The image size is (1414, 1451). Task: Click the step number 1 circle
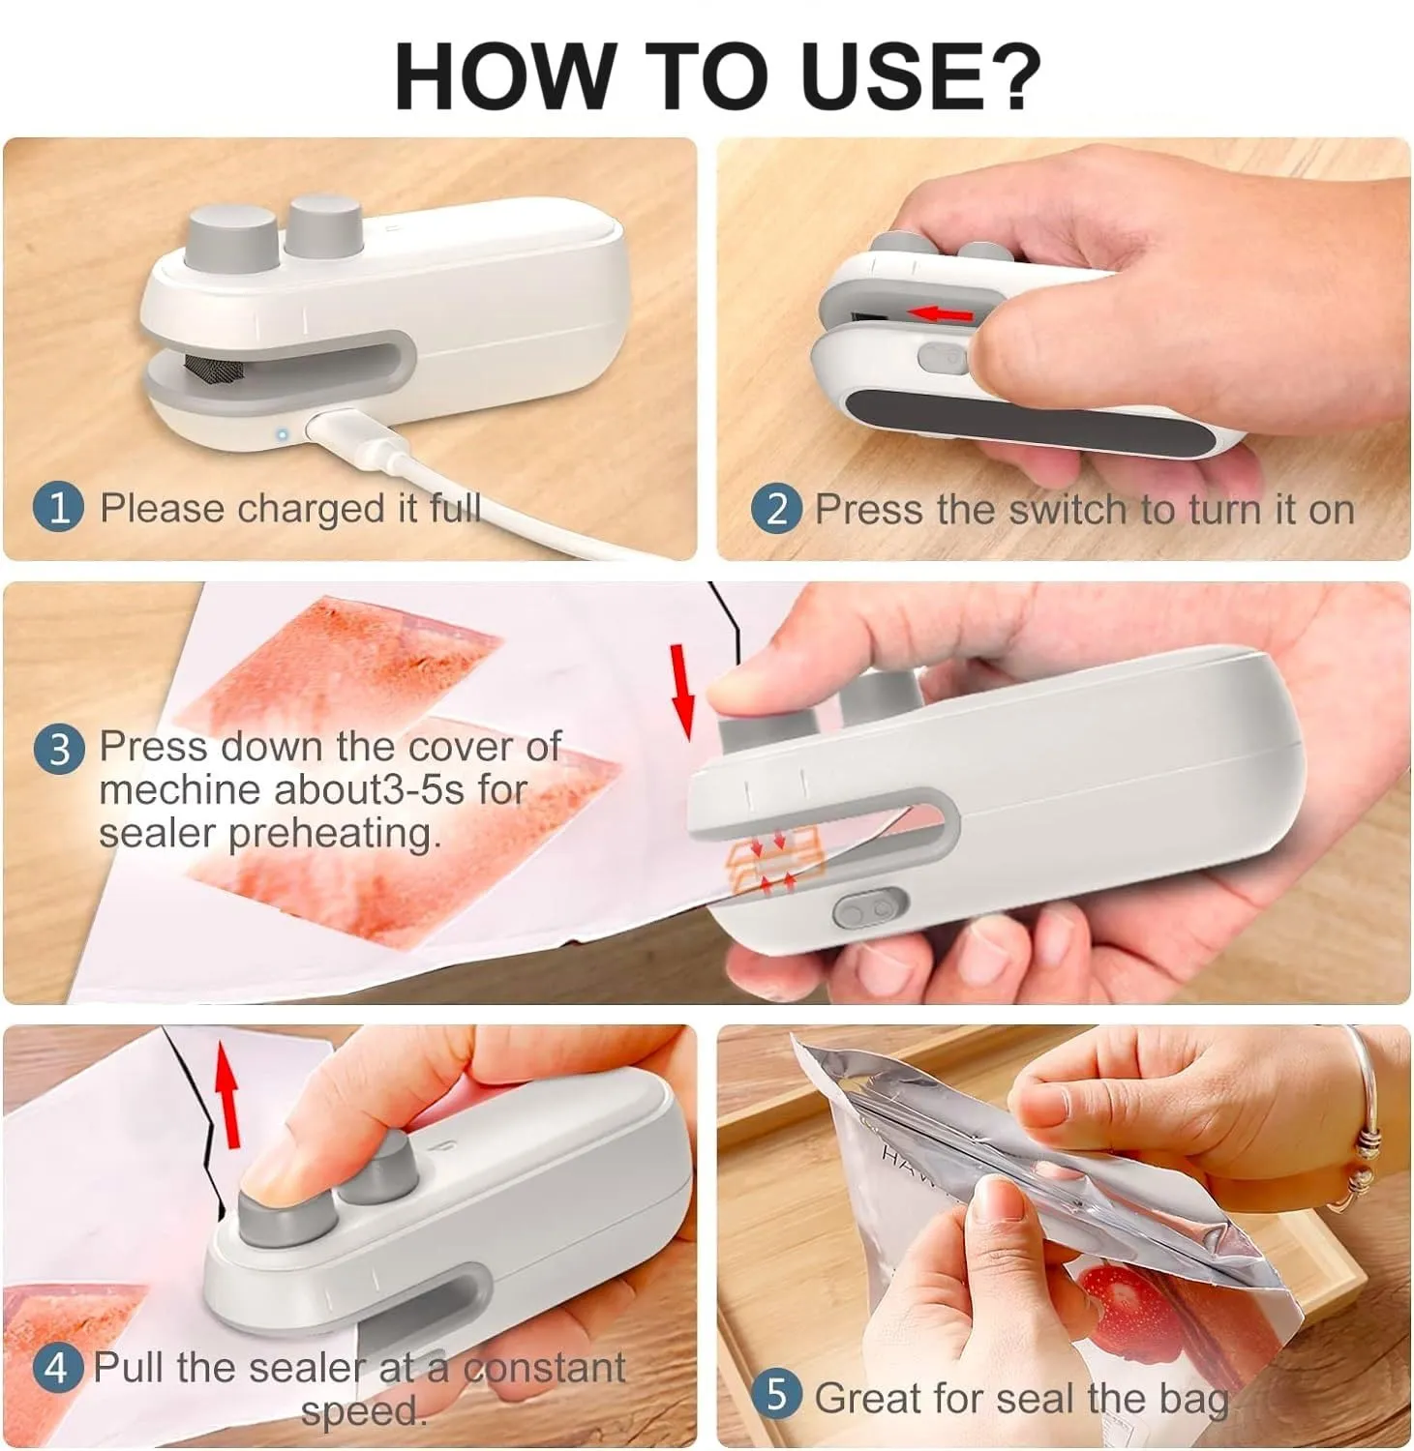(x=59, y=507)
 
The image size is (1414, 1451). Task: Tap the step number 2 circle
(x=776, y=508)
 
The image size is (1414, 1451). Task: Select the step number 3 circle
(x=60, y=749)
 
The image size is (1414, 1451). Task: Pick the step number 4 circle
(x=57, y=1368)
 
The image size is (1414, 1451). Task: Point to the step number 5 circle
(x=776, y=1395)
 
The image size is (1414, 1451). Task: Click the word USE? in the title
(x=920, y=76)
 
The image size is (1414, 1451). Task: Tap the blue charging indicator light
(x=282, y=434)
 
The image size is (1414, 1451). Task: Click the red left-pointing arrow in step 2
(x=943, y=313)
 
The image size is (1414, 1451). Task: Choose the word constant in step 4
(x=544, y=1368)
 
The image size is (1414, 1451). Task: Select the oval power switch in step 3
(x=870, y=910)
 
